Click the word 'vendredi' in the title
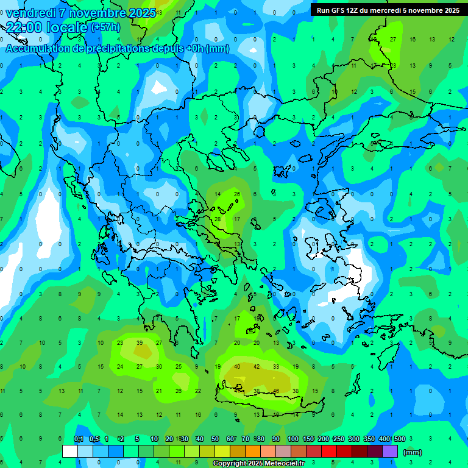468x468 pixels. pos(31,13)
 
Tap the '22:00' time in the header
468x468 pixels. pos(24,27)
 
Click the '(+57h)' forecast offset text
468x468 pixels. pos(105,27)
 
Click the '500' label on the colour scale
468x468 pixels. pos(399,439)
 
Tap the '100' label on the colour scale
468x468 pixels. pos(292,439)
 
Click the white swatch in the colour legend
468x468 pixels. pos(70,452)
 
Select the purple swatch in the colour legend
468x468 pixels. pos(390,452)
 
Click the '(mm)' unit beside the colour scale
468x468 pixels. pos(413,452)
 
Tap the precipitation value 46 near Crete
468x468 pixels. pos(276,391)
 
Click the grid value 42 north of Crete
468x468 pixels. pos(257,367)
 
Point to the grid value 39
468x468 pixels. pos(140,343)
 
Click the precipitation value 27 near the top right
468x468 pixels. pos(393,40)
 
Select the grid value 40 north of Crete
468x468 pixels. pos(237,367)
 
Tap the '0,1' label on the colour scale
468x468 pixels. pos(79,439)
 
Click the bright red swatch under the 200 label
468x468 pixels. pos(329,452)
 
